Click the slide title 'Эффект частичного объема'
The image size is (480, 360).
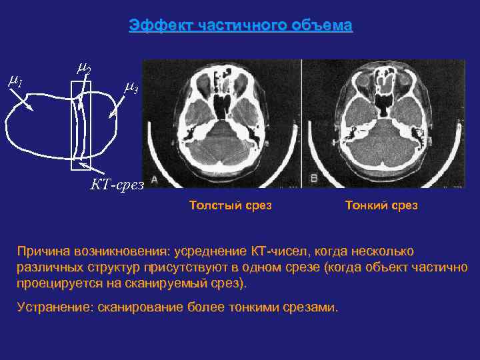click(x=240, y=26)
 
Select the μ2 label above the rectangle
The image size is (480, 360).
click(x=84, y=67)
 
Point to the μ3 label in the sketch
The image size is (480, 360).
click(x=131, y=87)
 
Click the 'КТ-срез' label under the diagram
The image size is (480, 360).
click(x=117, y=185)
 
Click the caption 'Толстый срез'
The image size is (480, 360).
click(x=231, y=205)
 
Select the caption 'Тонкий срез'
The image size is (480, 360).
click(x=381, y=205)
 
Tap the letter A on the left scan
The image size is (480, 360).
click(x=155, y=179)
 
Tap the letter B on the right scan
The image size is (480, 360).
click(x=313, y=179)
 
